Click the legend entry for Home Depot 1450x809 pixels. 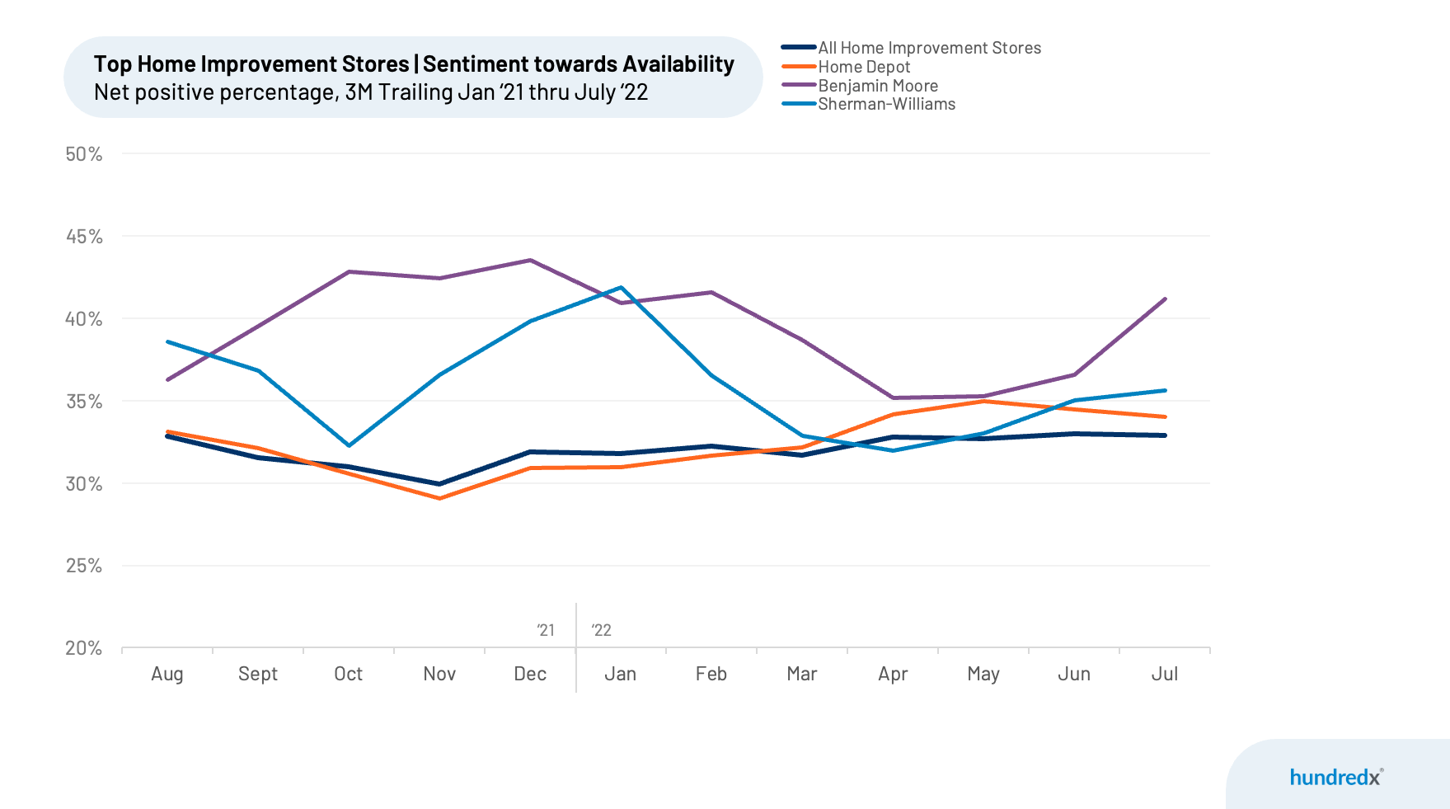pos(864,67)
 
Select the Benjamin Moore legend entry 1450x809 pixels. pos(878,86)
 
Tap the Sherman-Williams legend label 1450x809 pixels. pos(886,104)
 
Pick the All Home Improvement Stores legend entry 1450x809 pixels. pos(929,48)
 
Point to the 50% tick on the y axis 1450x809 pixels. pos(84,154)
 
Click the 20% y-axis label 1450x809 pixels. pos(84,648)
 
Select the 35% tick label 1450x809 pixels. pos(84,402)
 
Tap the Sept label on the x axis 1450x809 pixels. pos(258,674)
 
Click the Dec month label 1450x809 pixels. pos(530,674)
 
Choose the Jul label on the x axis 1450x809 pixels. pos(1164,674)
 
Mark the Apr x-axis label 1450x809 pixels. pos(893,674)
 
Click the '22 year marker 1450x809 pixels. pos(602,630)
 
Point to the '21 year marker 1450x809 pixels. pos(546,630)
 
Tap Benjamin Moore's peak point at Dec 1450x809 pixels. pos(530,261)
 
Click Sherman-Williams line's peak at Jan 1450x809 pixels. pos(621,288)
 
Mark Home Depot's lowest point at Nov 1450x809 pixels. pos(439,498)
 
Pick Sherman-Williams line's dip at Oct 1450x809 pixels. pos(349,445)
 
